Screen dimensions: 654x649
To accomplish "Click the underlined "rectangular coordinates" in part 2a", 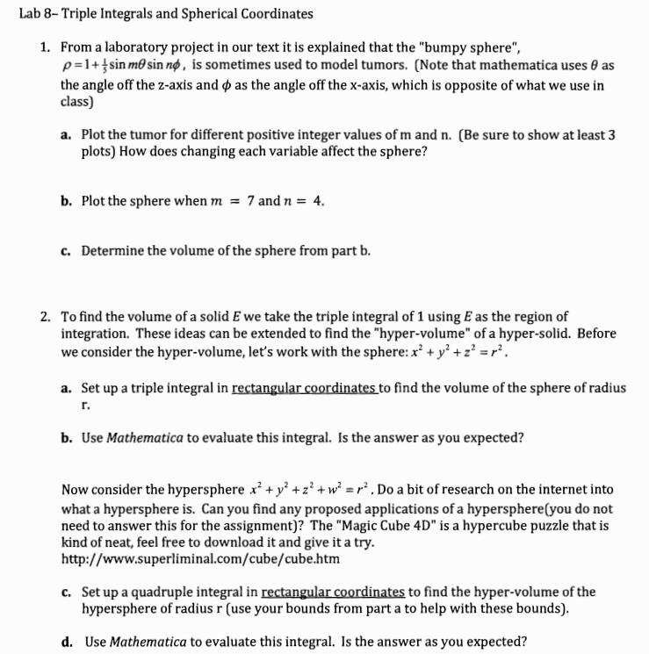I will (x=292, y=387).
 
